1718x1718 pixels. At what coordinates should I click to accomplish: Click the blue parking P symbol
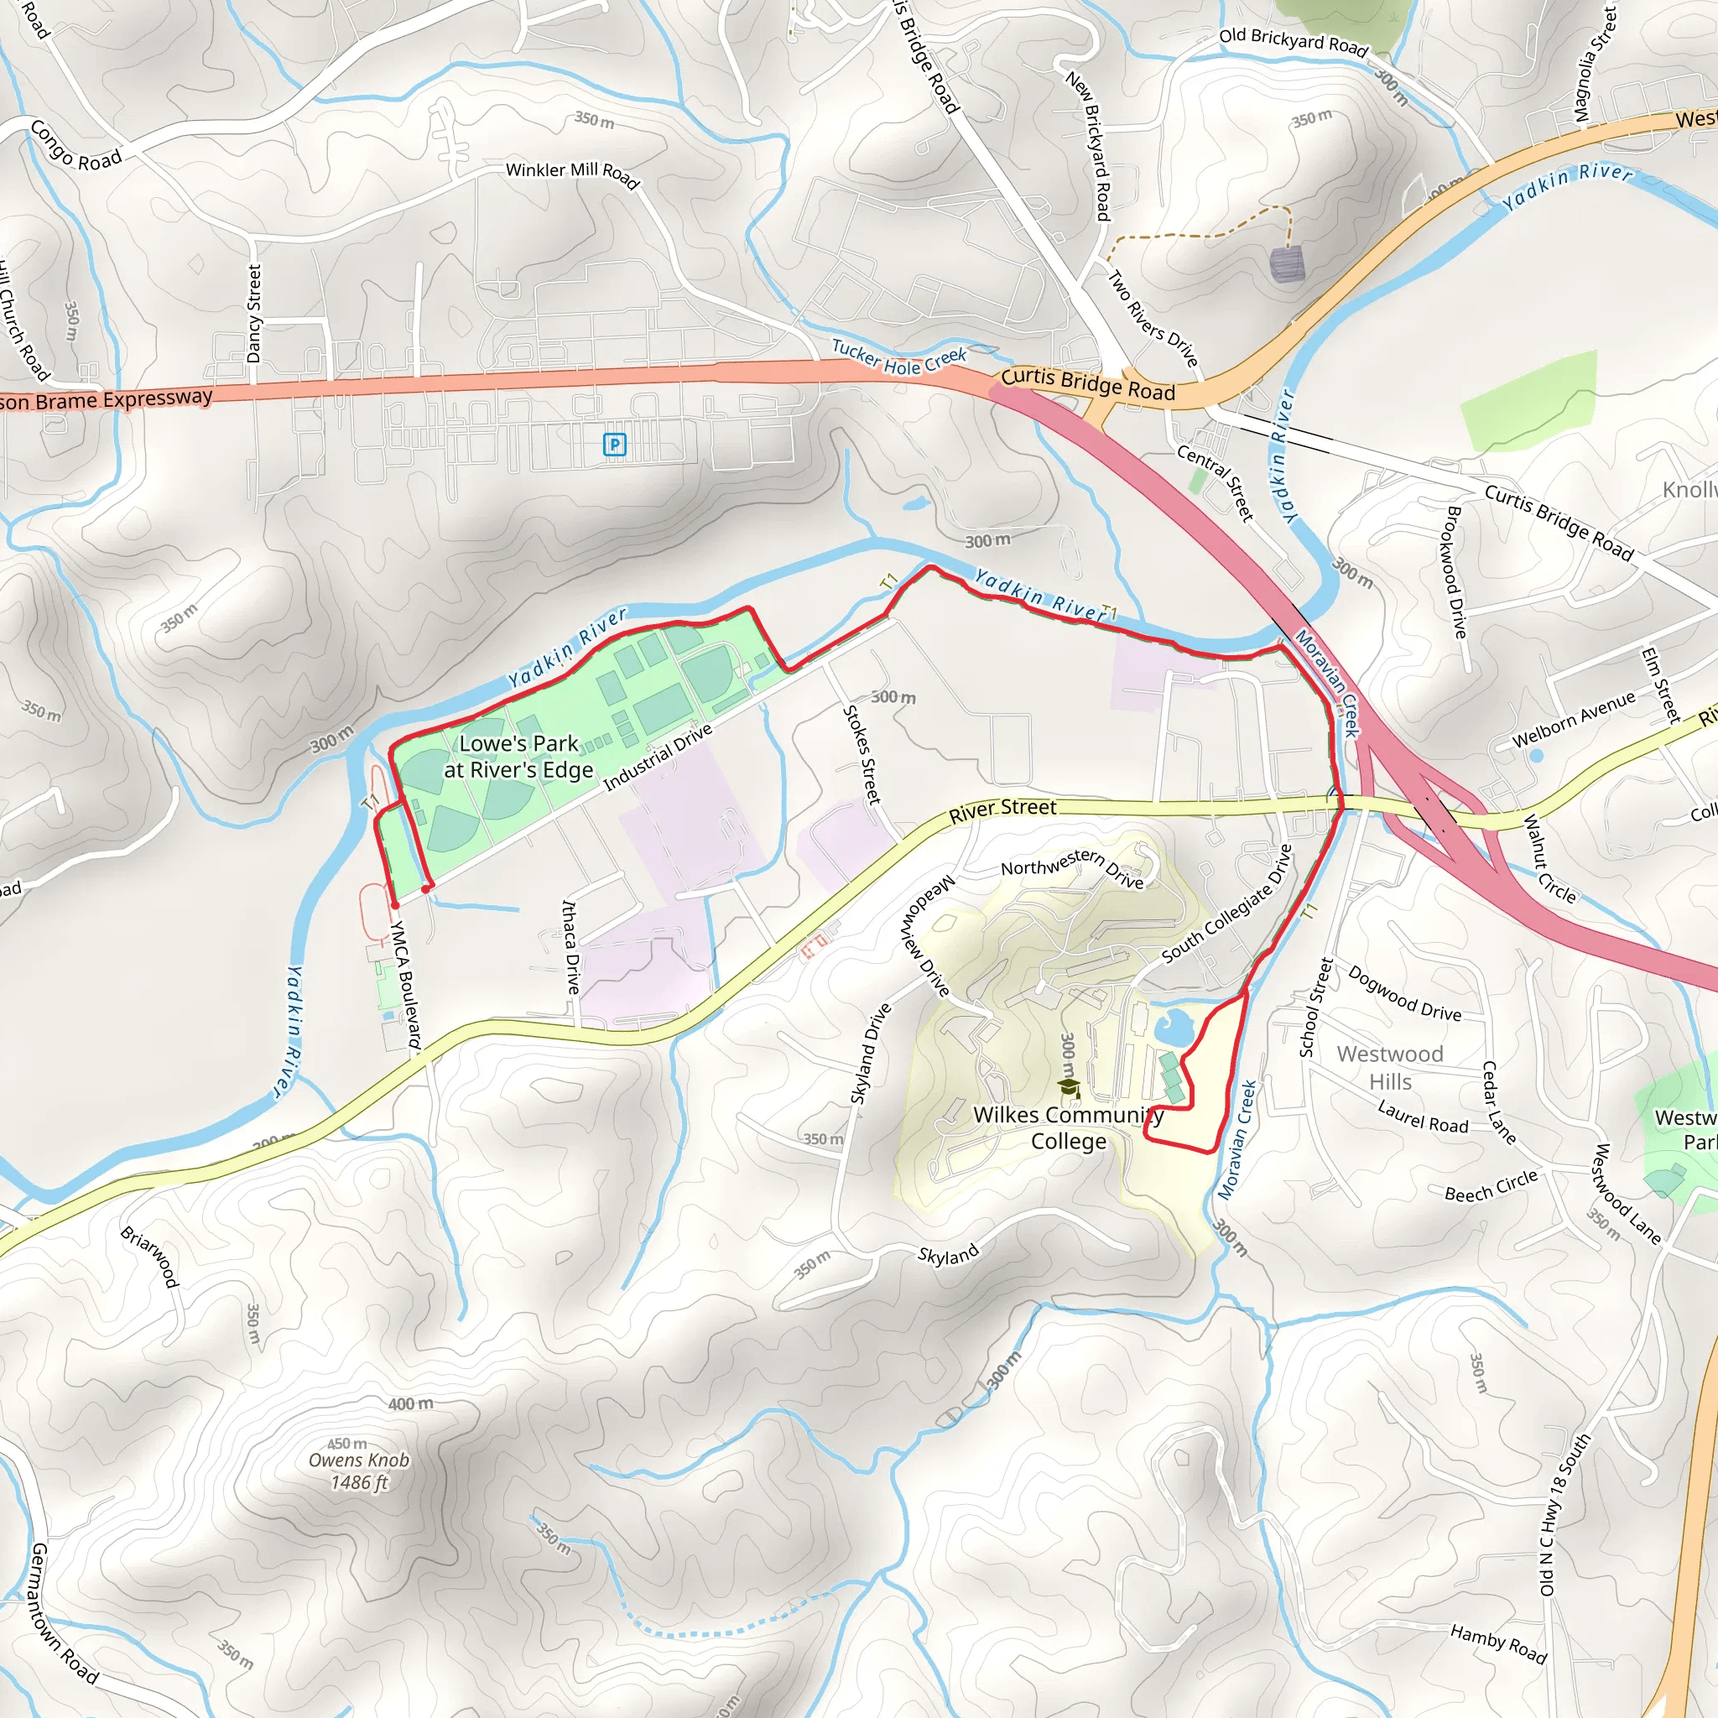[614, 445]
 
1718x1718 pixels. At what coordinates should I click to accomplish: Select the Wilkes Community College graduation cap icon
[1070, 1087]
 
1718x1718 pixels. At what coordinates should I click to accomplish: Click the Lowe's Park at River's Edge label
[518, 757]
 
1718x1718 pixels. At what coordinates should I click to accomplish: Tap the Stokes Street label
[862, 755]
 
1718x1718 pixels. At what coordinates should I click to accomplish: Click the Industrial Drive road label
[658, 757]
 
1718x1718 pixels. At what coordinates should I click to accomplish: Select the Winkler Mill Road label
[573, 174]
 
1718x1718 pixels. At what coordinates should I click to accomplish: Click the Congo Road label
[75, 147]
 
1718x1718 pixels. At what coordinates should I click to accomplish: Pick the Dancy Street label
[254, 314]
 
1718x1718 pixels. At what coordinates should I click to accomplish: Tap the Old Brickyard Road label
[1293, 41]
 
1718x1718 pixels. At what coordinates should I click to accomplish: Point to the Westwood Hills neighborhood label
[1390, 1067]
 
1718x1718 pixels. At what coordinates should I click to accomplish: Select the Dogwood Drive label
[1404, 993]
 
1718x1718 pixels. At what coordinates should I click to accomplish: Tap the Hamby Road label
[1498, 1643]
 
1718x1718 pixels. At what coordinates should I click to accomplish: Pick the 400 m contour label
[411, 1404]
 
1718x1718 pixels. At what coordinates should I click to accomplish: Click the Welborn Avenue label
[1573, 720]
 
